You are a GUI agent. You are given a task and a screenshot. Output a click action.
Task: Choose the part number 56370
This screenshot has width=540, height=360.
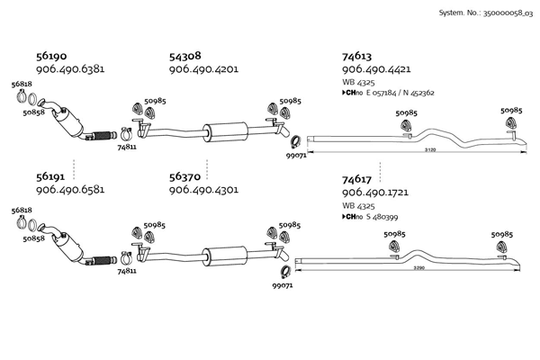186,178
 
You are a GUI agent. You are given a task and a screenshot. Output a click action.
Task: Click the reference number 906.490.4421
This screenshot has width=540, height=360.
377,68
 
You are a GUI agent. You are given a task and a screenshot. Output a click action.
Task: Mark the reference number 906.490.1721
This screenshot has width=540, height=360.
376,195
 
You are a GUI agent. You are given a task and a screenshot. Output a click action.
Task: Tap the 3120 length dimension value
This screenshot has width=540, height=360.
430,150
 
